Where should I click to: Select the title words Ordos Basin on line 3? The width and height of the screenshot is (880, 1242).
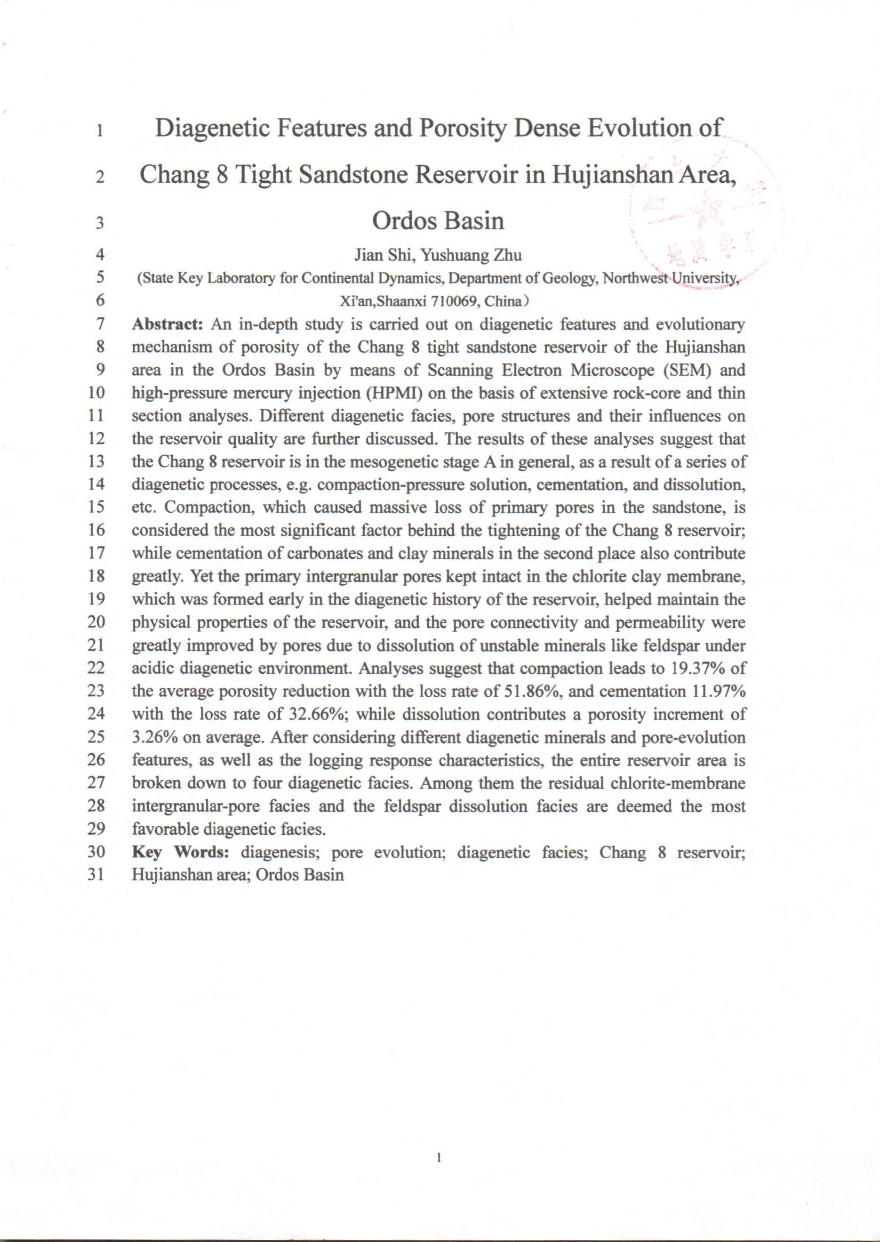[438, 222]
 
